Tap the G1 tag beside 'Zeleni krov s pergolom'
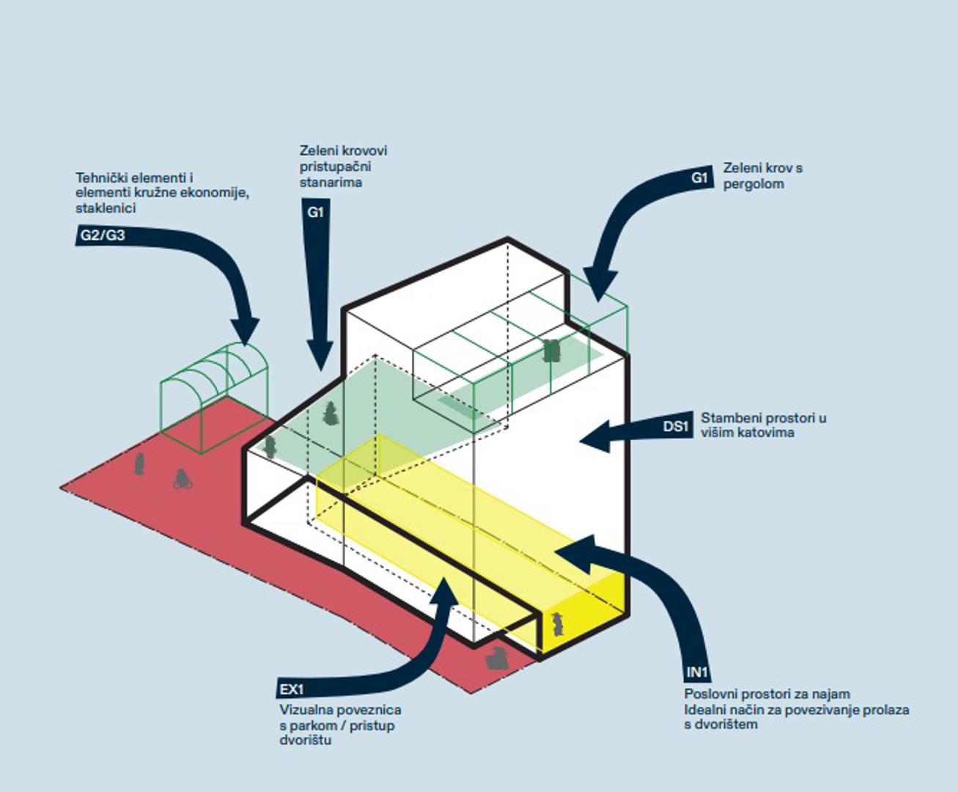tap(700, 177)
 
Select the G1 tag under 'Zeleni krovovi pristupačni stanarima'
tap(315, 212)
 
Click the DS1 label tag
tap(676, 426)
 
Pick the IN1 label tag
tap(697, 672)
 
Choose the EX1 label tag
tap(291, 689)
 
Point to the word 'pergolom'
tap(753, 183)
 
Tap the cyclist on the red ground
tap(182, 479)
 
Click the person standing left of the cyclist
tap(139, 464)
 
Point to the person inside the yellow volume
tap(558, 624)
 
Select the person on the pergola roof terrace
tap(551, 351)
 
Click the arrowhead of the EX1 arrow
tap(444, 590)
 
